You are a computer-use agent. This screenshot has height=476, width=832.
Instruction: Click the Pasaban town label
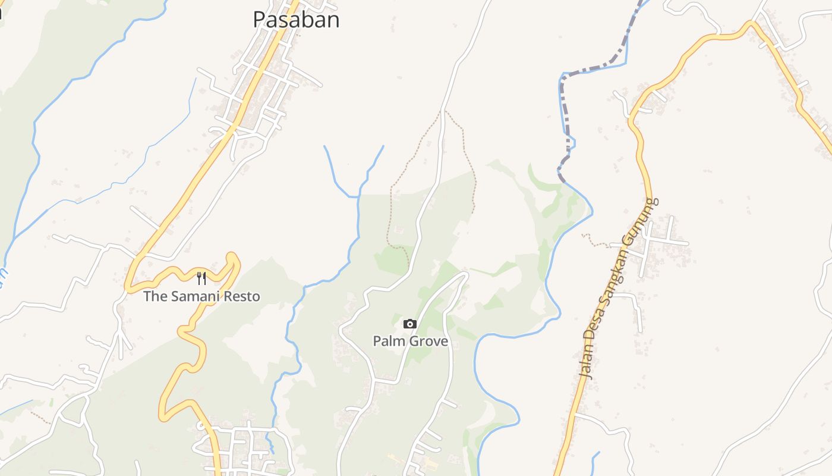tap(296, 20)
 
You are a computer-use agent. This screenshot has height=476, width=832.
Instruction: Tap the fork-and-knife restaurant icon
tap(201, 278)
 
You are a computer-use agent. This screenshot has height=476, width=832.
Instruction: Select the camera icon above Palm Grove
tap(409, 324)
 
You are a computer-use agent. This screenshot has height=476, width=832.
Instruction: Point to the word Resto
tap(242, 296)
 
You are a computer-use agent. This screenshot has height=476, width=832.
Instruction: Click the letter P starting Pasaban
tap(259, 20)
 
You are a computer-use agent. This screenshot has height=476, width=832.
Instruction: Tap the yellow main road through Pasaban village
tap(250, 89)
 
